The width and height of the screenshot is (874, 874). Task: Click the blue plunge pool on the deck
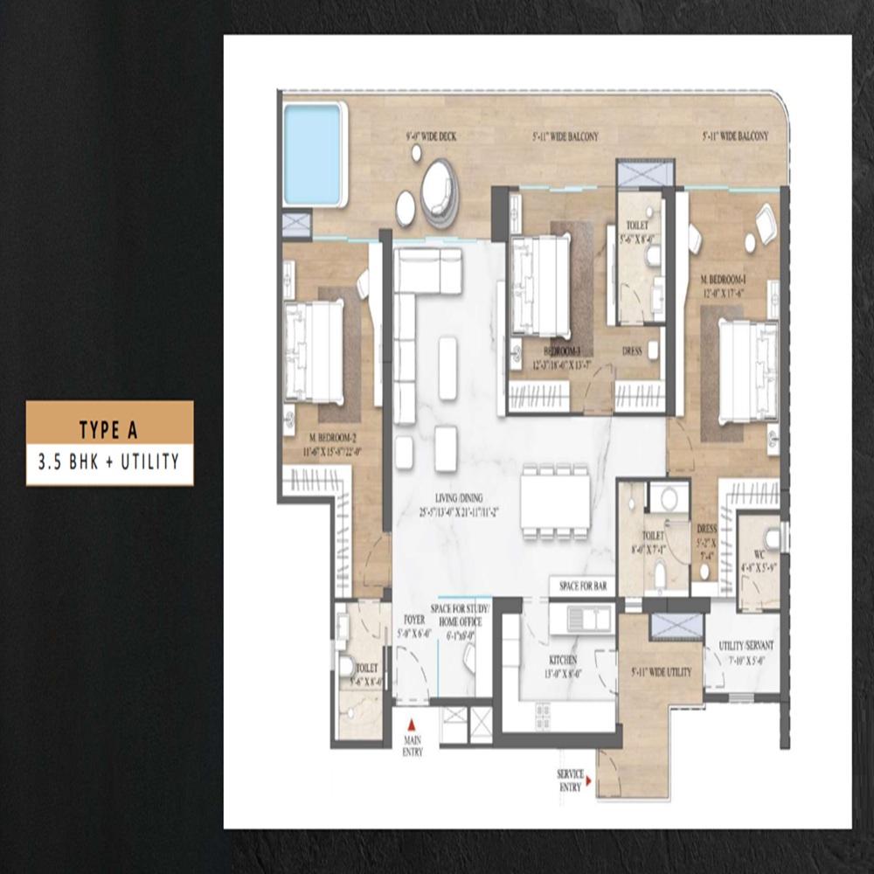pos(313,154)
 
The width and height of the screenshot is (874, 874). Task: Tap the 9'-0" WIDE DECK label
pos(431,136)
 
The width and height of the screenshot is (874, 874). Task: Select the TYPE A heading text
pos(109,429)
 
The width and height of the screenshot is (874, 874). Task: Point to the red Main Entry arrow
pos(413,723)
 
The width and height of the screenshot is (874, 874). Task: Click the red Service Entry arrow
pos(589,780)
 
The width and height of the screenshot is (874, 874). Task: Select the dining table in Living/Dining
pos(556,502)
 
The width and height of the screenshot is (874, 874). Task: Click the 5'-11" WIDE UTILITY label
pos(662,672)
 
